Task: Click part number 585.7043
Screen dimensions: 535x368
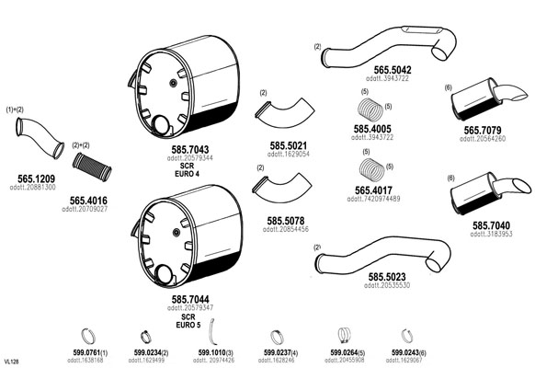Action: pyautogui.click(x=190, y=150)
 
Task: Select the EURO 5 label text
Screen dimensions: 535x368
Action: pyautogui.click(x=188, y=325)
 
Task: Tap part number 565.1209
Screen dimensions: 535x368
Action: pyautogui.click(x=36, y=178)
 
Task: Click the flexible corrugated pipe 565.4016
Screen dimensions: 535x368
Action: pyautogui.click(x=92, y=167)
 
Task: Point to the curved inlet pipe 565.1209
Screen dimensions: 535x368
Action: pyautogui.click(x=40, y=137)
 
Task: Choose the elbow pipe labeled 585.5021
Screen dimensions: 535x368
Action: pyautogui.click(x=285, y=115)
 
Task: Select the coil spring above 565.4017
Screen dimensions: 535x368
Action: pyautogui.click(x=372, y=170)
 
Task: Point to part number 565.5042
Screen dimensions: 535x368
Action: pyautogui.click(x=393, y=70)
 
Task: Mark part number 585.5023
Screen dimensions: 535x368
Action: pyautogui.click(x=387, y=277)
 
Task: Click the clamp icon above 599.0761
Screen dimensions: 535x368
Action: pyautogui.click(x=88, y=336)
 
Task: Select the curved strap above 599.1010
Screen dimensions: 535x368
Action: pyautogui.click(x=212, y=331)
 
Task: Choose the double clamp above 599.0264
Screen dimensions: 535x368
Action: pyautogui.click(x=345, y=336)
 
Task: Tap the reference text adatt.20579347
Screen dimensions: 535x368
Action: pyautogui.click(x=190, y=308)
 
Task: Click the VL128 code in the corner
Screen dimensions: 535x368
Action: pyautogui.click(x=11, y=362)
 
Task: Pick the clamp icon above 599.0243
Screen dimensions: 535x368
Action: pyautogui.click(x=406, y=336)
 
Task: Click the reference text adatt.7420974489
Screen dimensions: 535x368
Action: pyautogui.click(x=373, y=199)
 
